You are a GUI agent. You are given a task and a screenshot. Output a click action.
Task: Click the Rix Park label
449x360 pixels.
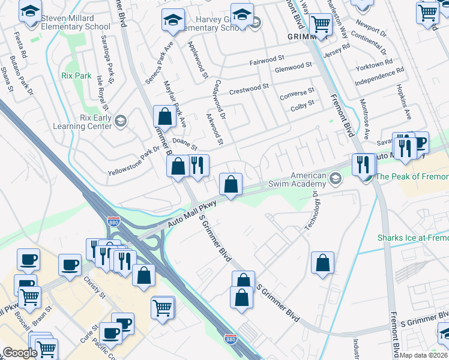(76, 76)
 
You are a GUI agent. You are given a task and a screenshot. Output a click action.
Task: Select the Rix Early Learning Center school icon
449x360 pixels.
(120, 122)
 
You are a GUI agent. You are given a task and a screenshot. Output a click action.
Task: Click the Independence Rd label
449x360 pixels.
(379, 77)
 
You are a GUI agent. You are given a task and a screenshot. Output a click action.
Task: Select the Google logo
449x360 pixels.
(19, 353)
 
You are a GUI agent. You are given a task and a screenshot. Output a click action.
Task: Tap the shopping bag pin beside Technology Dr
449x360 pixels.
(323, 263)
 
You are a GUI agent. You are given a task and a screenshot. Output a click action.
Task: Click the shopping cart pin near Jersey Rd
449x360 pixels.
(321, 25)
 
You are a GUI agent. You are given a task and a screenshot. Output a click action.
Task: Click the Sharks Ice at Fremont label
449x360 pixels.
(413, 238)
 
